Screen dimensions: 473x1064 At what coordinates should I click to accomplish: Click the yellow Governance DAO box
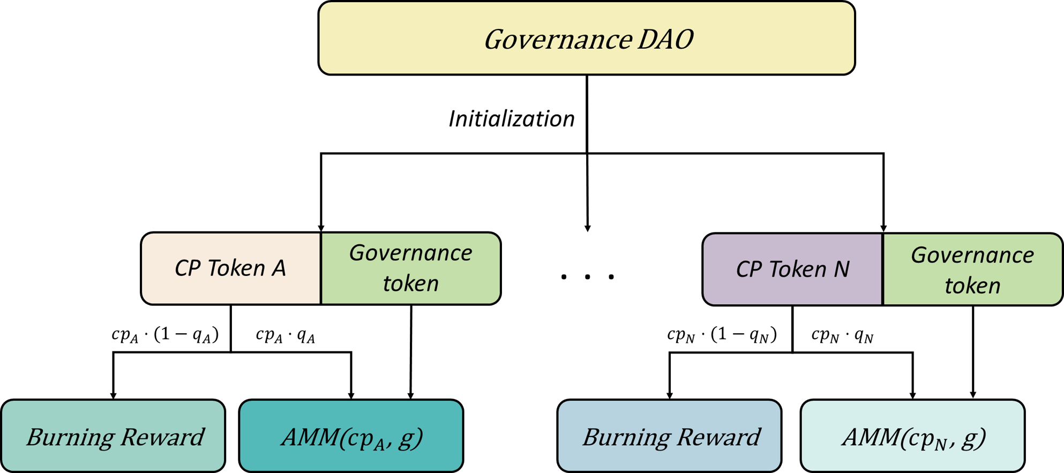pyautogui.click(x=586, y=38)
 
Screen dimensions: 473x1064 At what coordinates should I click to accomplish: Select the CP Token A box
pyautogui.click(x=230, y=268)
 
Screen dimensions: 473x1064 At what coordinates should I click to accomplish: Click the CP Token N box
pyautogui.click(x=792, y=269)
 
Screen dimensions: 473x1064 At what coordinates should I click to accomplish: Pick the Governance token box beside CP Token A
pyautogui.click(x=410, y=268)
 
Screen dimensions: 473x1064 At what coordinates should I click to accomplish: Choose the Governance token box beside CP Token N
pyautogui.click(x=972, y=269)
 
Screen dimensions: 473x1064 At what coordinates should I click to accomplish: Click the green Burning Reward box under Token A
pyautogui.click(x=113, y=436)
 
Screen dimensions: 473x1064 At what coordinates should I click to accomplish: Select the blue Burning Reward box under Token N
pyautogui.click(x=669, y=436)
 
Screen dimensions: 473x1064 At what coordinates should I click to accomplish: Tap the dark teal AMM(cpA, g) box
pyautogui.click(x=351, y=436)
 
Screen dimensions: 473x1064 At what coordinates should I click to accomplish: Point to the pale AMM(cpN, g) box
pyautogui.click(x=912, y=436)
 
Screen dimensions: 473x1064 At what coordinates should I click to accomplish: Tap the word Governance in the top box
pyautogui.click(x=558, y=40)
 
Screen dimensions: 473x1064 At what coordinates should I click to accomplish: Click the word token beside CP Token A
pyautogui.click(x=410, y=283)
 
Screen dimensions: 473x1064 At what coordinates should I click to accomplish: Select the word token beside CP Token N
pyautogui.click(x=972, y=286)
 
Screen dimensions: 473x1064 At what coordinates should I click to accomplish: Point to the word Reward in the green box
pyautogui.click(x=162, y=437)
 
